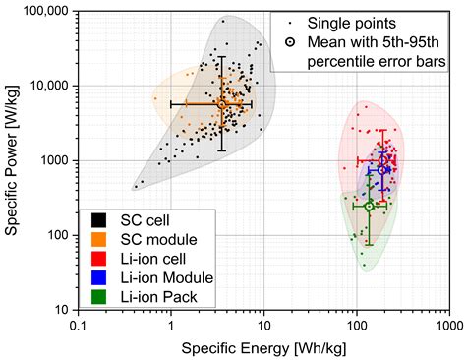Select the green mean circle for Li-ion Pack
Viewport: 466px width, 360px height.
[370, 207]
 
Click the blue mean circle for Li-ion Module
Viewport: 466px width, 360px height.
[382, 170]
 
